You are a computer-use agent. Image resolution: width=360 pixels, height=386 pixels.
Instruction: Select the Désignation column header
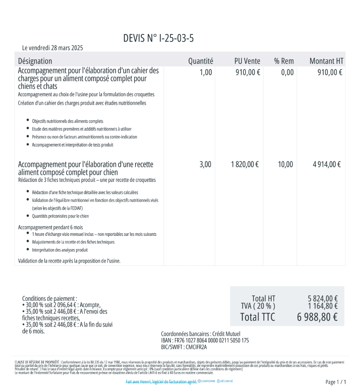[x=35, y=61]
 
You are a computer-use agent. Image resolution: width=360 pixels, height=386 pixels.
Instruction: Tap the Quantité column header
[x=200, y=61]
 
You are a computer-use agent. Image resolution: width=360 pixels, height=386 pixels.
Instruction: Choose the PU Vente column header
[x=247, y=61]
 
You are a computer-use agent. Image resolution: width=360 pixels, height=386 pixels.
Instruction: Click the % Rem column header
[x=284, y=61]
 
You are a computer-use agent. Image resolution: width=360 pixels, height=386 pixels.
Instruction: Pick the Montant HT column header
[x=326, y=61]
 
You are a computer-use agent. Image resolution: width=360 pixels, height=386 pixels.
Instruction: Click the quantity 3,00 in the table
[x=205, y=165]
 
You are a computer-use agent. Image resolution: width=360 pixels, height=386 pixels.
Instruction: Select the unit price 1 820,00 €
[x=245, y=165]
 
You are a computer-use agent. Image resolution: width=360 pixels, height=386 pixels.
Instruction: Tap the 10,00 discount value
[x=285, y=165]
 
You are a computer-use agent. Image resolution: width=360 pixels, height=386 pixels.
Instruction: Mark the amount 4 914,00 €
[x=326, y=165]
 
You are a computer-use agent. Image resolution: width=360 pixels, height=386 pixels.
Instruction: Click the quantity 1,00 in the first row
[x=206, y=72]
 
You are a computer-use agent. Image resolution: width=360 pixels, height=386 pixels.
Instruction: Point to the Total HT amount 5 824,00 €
[x=323, y=298]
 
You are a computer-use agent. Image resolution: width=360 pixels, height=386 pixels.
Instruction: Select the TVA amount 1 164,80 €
[x=323, y=306]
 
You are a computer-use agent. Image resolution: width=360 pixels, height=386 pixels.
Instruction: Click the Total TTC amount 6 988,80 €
[x=317, y=317]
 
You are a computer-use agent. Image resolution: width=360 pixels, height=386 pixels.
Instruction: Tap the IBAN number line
[x=205, y=341]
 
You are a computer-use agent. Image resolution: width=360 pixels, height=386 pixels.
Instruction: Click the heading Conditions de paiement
[x=49, y=298]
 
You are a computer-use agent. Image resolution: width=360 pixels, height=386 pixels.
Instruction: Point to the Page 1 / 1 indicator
[x=336, y=382]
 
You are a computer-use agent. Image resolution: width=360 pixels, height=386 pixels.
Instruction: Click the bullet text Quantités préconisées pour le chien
[x=60, y=216]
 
